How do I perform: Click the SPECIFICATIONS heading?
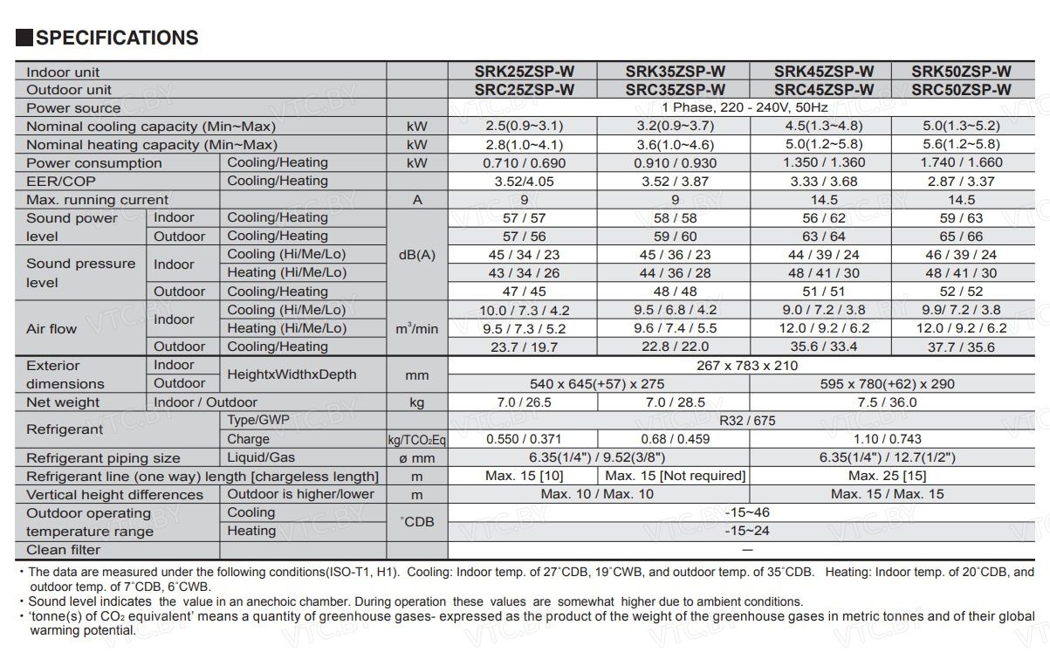pos(117,38)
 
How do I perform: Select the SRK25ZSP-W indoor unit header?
pos(524,72)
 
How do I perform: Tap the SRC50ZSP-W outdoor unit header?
pos(961,90)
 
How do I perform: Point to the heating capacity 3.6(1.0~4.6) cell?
pos(675,145)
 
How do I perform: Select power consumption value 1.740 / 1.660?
pos(961,163)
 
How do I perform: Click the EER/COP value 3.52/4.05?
pos(524,182)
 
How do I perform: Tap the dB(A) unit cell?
pos(417,255)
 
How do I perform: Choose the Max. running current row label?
pos(97,200)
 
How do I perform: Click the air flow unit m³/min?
pos(417,328)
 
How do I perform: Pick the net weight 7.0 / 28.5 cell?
pos(675,402)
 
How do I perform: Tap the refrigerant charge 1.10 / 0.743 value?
pos(887,439)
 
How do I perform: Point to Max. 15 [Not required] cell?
pos(675,476)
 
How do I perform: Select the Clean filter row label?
pos(63,550)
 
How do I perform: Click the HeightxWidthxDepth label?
pos(292,374)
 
